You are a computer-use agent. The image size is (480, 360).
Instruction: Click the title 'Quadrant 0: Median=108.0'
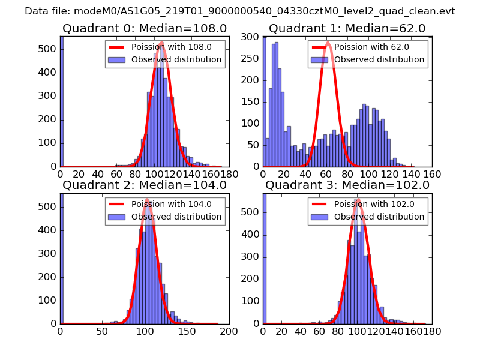(x=144, y=28)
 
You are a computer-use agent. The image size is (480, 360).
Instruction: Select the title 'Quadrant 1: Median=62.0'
(x=347, y=28)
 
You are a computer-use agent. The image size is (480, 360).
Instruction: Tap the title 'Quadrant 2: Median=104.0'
(x=144, y=185)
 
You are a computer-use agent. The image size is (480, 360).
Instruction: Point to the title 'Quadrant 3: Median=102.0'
(x=347, y=185)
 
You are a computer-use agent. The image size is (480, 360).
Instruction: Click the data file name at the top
(x=240, y=11)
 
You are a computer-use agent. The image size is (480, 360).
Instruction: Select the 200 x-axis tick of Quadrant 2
(x=229, y=331)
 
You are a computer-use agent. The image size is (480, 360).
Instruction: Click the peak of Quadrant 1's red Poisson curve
(x=328, y=42)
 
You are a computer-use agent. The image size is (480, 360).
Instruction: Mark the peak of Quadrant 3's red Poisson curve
(x=359, y=199)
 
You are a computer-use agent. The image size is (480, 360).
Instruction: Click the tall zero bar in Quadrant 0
(x=62, y=102)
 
